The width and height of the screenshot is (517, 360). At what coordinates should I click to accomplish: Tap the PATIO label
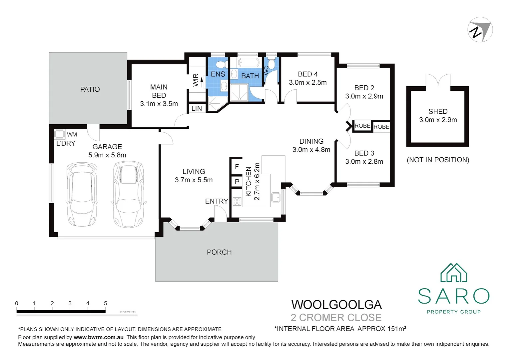tap(90, 89)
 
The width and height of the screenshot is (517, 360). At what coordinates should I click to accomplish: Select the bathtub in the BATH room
tap(249, 62)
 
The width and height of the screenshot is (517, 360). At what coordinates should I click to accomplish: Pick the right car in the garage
tap(128, 194)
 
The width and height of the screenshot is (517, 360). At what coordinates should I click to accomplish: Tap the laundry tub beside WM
tap(59, 134)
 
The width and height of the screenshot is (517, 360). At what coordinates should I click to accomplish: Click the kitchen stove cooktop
tap(237, 201)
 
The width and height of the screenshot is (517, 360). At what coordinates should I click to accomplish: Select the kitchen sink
tap(275, 197)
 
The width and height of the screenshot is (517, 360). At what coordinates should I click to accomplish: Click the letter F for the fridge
tap(237, 166)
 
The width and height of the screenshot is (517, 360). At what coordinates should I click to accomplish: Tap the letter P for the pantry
tap(237, 182)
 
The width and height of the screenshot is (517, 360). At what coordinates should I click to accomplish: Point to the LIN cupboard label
tap(197, 109)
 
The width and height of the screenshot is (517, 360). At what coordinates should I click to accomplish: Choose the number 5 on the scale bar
tap(106, 303)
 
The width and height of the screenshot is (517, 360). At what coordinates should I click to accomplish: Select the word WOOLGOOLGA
tap(336, 305)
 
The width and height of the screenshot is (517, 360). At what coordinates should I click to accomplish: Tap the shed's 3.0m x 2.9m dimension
tap(438, 120)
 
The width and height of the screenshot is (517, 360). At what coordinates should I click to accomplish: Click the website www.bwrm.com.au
tap(99, 337)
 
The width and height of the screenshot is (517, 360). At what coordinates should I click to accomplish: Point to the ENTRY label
tap(217, 201)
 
